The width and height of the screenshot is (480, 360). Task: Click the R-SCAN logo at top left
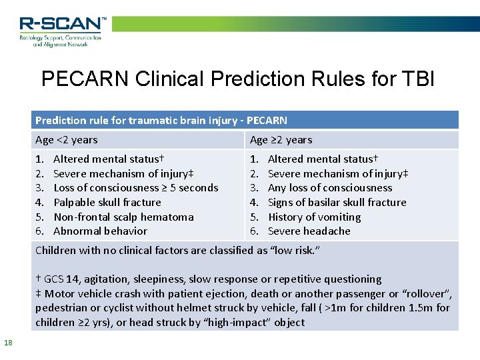61,31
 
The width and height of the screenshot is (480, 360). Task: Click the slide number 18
8,343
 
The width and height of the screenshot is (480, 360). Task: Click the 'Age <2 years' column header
67,140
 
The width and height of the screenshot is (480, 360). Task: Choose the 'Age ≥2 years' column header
281,140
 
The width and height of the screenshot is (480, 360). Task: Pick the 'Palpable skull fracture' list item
107,203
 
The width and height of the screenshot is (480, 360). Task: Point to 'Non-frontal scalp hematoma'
123,217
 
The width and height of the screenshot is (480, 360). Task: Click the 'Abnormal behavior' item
100,231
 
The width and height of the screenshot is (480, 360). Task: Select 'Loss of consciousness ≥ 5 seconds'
136,188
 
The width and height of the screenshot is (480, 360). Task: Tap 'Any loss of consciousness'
330,188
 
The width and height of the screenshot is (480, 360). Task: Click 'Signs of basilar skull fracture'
337,203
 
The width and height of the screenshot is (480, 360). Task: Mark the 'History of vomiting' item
314,217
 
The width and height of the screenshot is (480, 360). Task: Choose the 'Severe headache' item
309,231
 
